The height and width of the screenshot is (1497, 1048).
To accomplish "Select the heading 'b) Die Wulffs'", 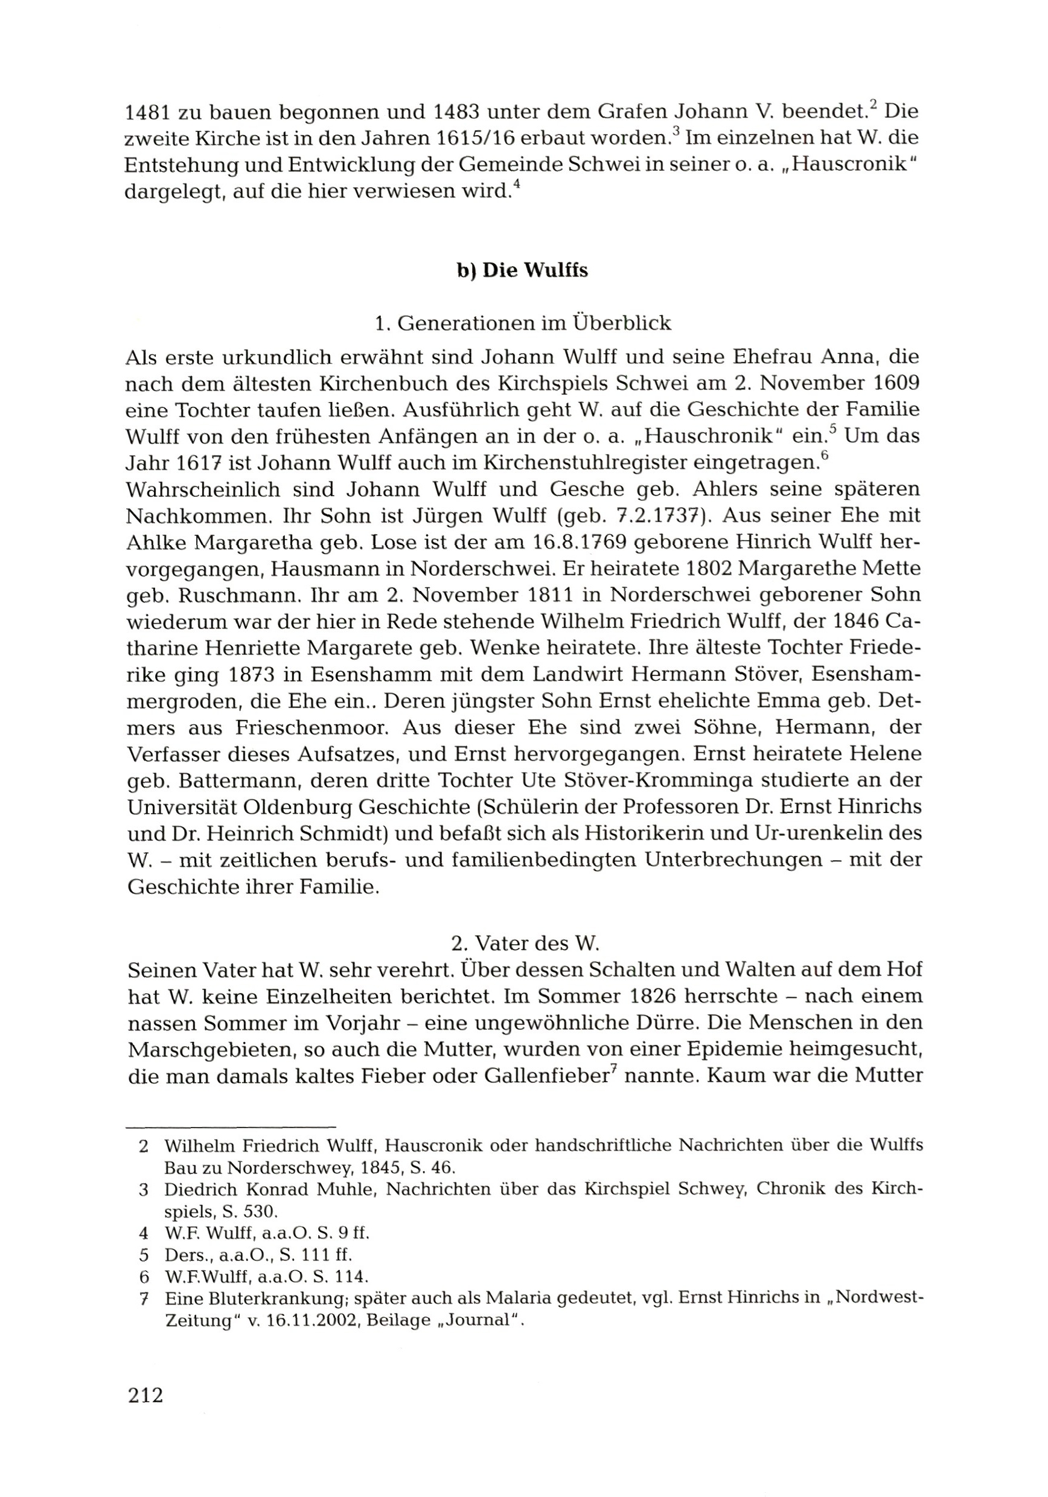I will point(522,270).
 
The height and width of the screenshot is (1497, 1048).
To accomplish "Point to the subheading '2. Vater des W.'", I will point(525,942).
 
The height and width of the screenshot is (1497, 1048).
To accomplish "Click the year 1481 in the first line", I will point(147,113).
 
